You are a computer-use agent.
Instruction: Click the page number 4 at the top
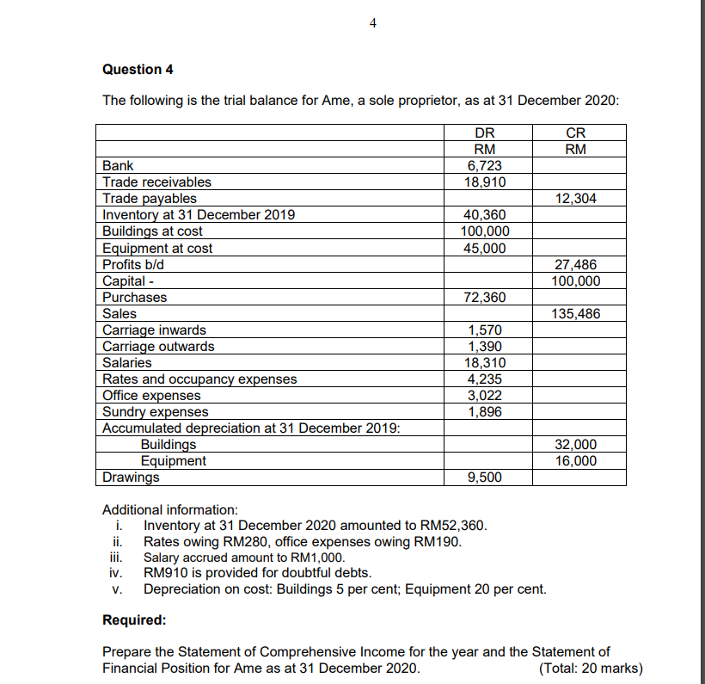[371, 23]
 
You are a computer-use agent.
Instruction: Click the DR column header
[485, 133]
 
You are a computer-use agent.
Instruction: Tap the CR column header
[576, 133]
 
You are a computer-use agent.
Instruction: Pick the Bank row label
[118, 165]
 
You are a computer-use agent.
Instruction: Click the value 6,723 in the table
[485, 165]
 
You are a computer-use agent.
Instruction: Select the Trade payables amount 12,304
[576, 199]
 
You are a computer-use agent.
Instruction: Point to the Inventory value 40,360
[485, 215]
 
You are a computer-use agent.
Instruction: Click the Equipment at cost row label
[157, 249]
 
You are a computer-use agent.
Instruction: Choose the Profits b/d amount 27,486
[576, 265]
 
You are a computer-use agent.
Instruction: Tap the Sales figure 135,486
[576, 314]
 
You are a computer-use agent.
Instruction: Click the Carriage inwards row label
[154, 330]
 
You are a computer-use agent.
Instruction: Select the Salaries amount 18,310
[485, 363]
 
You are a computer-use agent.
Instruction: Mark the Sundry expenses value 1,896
[485, 412]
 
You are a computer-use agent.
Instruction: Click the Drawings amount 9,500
[485, 478]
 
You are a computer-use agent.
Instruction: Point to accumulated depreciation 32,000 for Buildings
[576, 445]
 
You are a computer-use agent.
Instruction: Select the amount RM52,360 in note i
[457, 526]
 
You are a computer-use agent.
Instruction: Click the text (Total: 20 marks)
[590, 669]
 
